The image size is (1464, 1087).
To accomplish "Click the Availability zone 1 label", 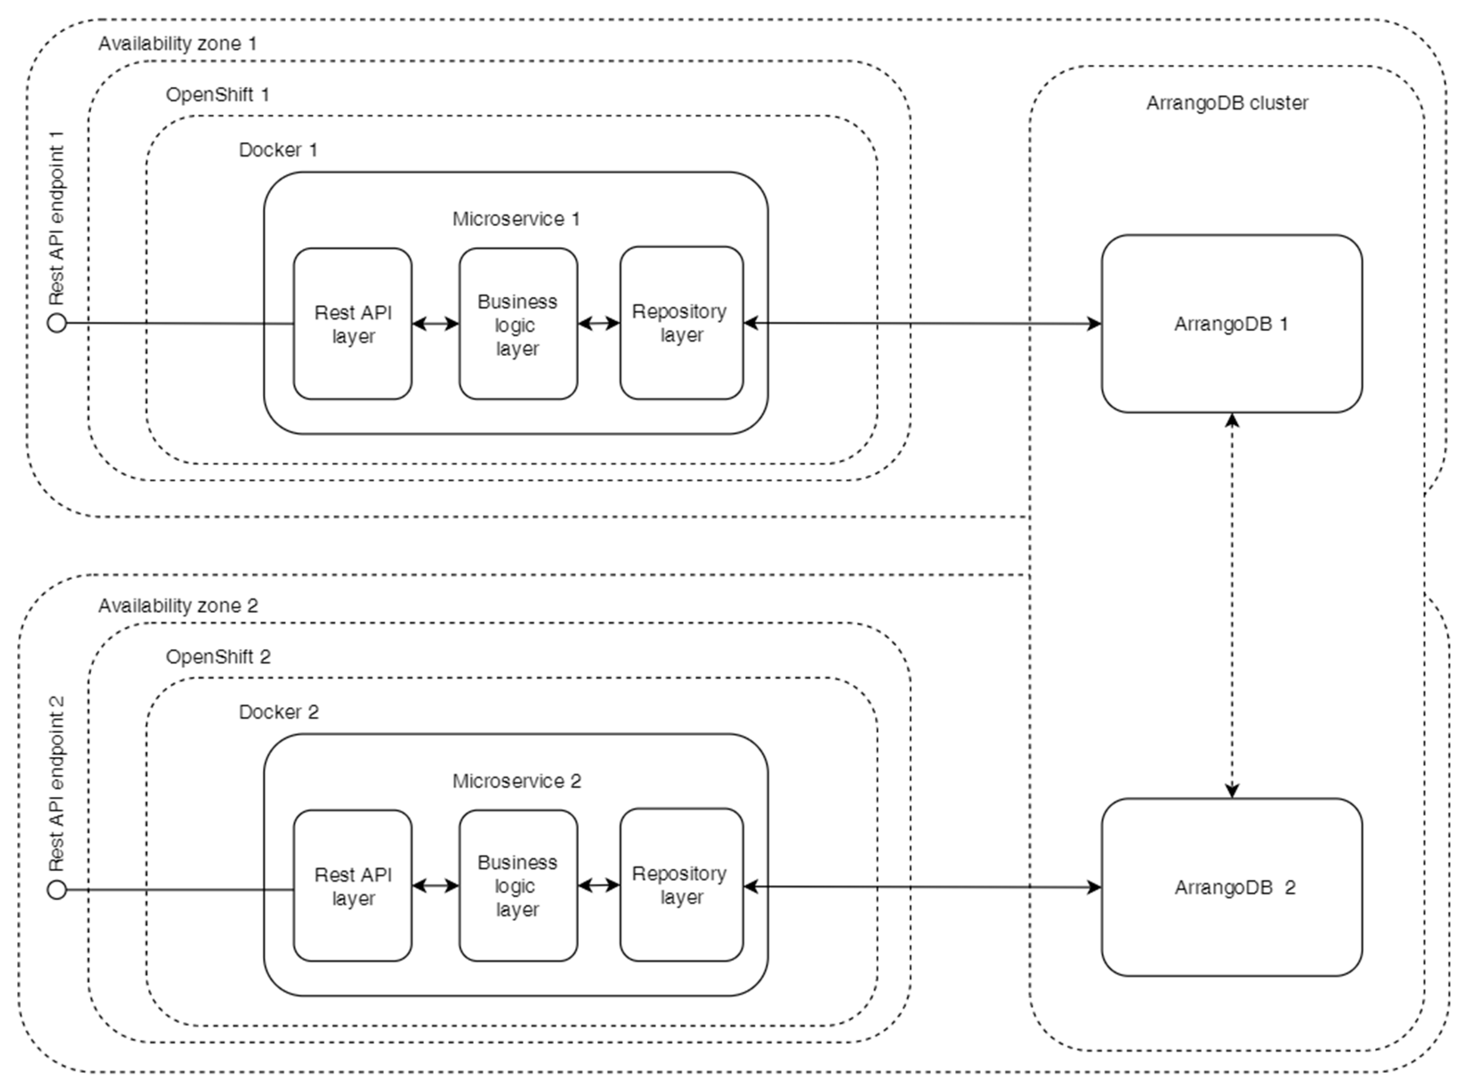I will point(177,44).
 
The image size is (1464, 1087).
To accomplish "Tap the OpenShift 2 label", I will point(218,656).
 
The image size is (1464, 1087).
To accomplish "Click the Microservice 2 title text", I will point(516,781).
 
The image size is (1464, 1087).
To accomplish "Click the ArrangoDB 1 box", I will point(1231,324).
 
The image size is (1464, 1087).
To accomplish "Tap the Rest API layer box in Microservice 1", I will point(353,324).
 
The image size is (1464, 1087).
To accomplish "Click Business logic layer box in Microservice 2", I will point(518,886).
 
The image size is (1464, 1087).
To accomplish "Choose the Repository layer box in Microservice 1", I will point(681,323).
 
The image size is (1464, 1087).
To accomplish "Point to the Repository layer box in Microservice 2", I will point(681,885).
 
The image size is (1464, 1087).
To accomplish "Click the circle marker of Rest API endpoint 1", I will point(57,323).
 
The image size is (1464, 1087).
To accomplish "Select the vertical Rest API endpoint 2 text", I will point(57,783).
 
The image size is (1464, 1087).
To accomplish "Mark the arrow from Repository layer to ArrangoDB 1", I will point(921,323).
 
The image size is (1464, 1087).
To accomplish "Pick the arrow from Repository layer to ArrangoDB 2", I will point(921,887).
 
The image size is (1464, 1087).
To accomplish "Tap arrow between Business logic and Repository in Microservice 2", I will point(598,886).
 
